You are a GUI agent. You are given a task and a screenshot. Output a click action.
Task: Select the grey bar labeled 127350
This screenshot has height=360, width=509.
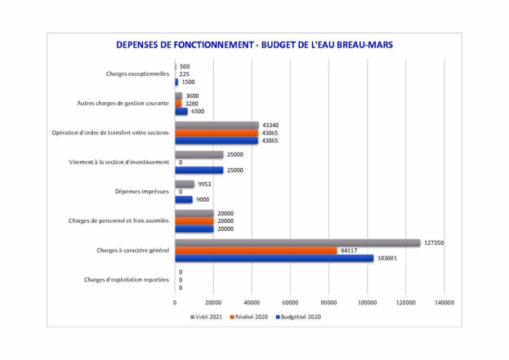coord(298,242)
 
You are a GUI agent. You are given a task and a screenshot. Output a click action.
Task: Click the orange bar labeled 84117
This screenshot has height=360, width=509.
coord(256,250)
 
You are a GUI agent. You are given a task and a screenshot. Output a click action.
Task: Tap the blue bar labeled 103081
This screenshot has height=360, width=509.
coord(274,258)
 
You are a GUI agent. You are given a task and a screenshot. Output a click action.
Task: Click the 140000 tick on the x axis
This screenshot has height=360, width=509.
coord(444,302)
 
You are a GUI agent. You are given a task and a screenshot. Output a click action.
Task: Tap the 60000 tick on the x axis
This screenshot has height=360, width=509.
coord(290,302)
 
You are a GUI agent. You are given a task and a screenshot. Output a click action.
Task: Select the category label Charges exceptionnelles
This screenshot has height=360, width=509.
coord(137,73)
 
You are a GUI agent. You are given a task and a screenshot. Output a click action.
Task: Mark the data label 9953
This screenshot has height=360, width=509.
coord(206,184)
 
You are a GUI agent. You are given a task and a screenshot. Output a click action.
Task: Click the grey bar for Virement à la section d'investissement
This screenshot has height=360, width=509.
coord(199,154)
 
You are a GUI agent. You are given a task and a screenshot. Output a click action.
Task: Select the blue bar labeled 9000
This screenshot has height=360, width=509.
coord(184,199)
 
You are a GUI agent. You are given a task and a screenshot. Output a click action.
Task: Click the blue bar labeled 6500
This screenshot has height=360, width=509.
coord(181,111)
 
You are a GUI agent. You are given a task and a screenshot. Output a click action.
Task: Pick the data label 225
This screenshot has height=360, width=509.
coord(185,73)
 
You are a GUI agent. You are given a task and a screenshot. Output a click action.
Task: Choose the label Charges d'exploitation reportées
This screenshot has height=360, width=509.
coord(127,280)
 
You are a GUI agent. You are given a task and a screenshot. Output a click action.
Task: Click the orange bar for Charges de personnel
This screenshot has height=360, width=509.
coord(194,220)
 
